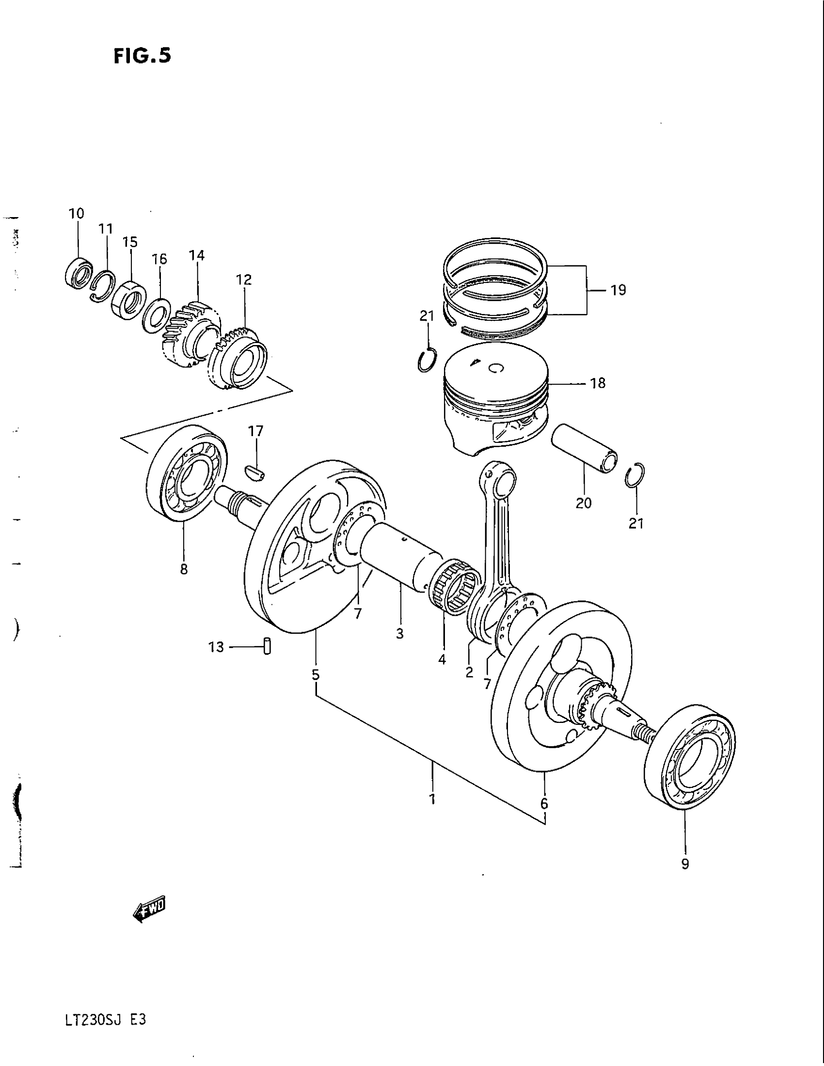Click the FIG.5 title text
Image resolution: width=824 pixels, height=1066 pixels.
click(x=142, y=56)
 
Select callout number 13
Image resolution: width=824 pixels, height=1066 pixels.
click(x=216, y=647)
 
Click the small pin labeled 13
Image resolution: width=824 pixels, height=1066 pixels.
click(x=267, y=646)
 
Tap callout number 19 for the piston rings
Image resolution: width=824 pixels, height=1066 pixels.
click(x=618, y=290)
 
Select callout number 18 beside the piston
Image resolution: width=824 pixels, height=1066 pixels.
click(x=598, y=383)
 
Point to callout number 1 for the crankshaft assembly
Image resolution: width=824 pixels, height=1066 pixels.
click(x=432, y=799)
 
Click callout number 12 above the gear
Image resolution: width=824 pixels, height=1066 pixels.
click(x=244, y=280)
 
